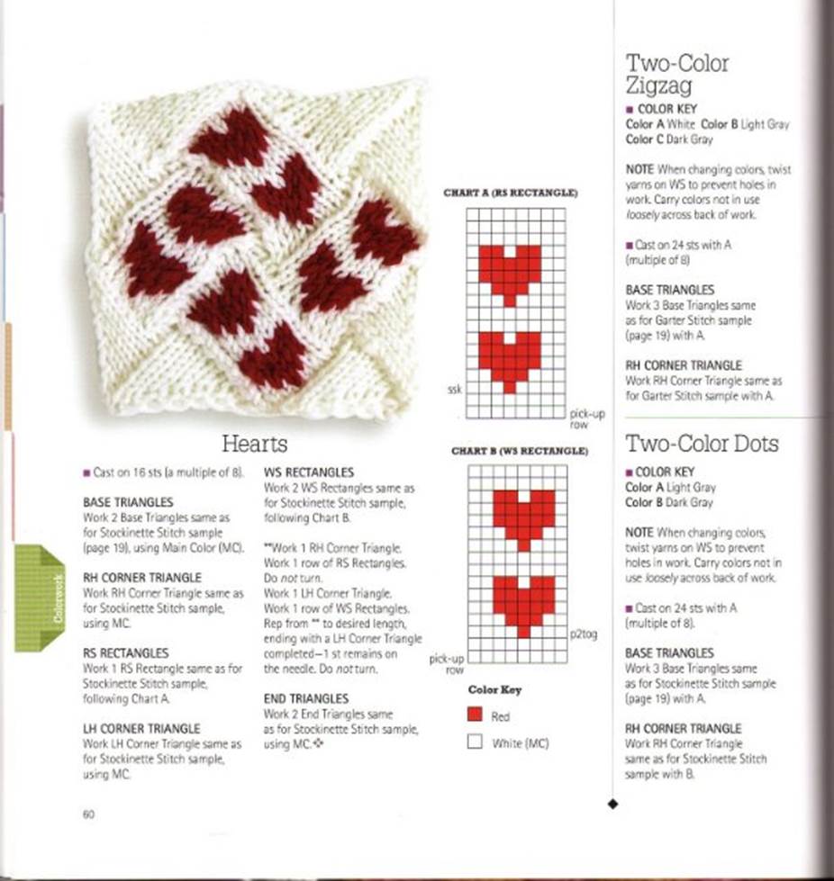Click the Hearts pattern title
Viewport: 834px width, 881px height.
click(x=255, y=443)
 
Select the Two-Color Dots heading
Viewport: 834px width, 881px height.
click(x=702, y=443)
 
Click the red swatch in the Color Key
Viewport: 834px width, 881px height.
click(x=475, y=715)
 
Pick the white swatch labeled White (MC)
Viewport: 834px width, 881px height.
click(x=475, y=742)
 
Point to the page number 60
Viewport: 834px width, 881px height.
click(x=88, y=814)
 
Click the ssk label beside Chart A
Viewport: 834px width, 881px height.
click(x=454, y=390)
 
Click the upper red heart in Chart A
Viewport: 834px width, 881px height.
click(x=509, y=272)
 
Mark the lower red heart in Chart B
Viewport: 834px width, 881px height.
click(x=522, y=602)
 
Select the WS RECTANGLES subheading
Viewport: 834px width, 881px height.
click(x=308, y=472)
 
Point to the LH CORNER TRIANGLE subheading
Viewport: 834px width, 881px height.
click(x=141, y=728)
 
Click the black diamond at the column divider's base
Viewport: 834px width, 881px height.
click(x=613, y=804)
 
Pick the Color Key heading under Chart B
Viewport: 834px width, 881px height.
click(x=494, y=689)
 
